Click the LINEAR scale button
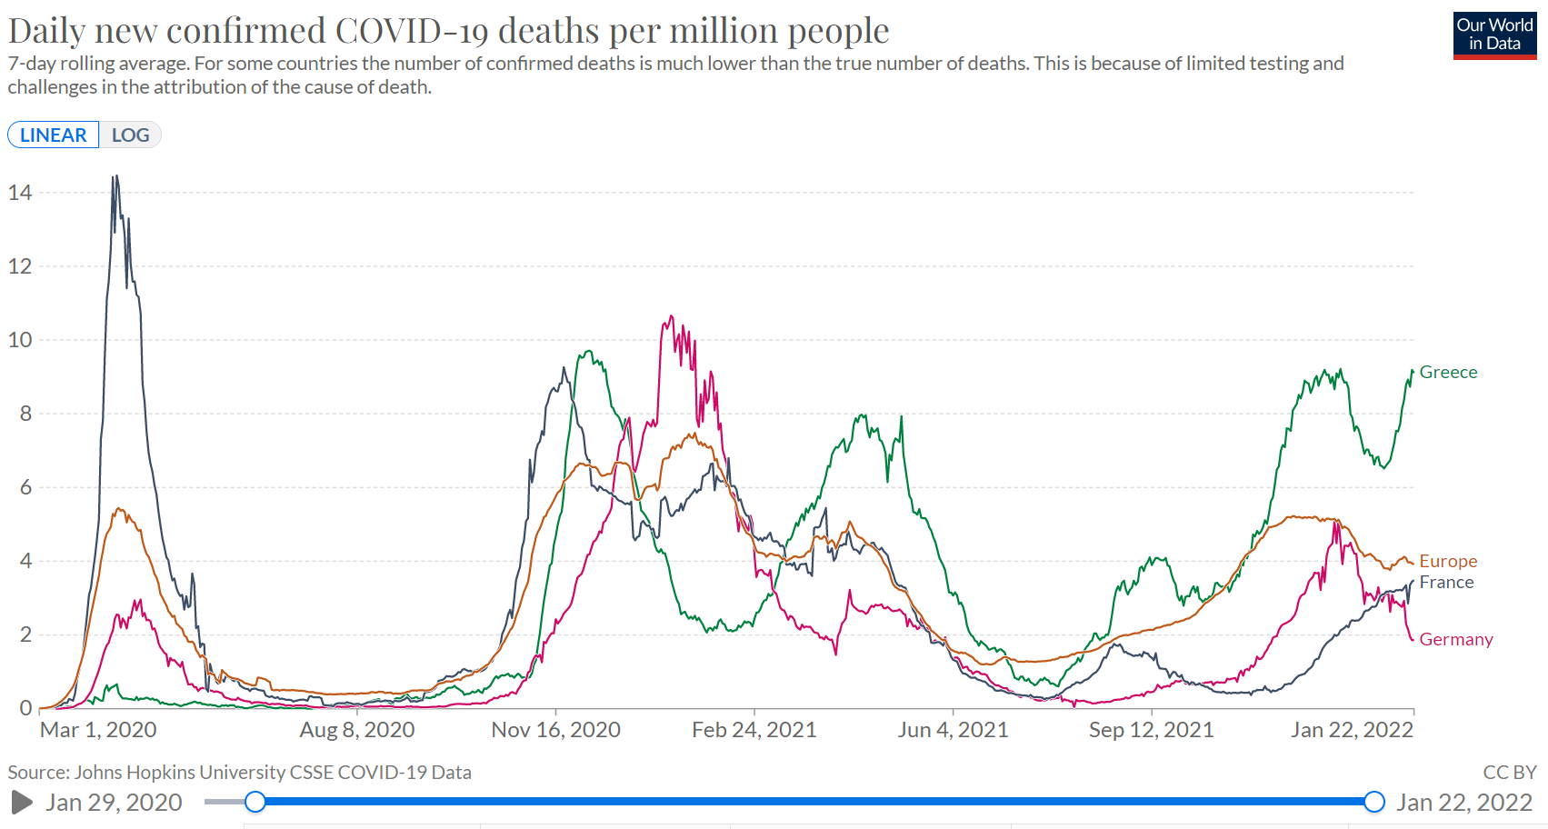tap(54, 135)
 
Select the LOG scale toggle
tap(130, 135)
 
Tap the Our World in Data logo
tap(1494, 35)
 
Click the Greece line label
tap(1448, 373)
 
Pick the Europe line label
tap(1448, 562)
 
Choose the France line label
tap(1446, 583)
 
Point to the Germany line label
tap(1455, 640)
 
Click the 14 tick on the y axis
tap(20, 193)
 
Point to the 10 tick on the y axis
tap(20, 340)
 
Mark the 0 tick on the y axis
tap(25, 708)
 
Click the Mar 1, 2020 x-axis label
tap(98, 730)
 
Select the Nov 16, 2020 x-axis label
tap(555, 730)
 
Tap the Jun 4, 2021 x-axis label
tap(953, 730)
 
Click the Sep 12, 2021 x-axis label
tap(1151, 730)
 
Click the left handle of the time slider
tap(255, 802)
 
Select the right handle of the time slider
tap(1374, 802)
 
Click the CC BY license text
tap(1509, 773)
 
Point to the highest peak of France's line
tap(115, 176)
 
